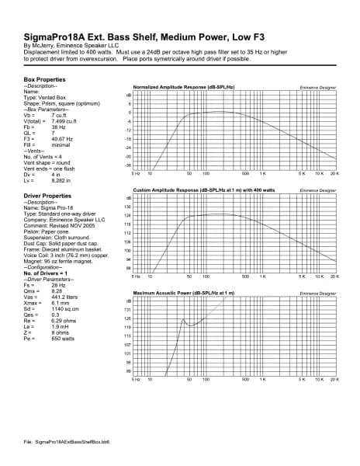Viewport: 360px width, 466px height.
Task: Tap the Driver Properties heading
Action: pyautogui.click(x=53, y=196)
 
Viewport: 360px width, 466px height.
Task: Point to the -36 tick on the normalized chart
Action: pyautogui.click(x=128, y=165)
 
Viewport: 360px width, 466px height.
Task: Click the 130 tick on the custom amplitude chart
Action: pyautogui.click(x=127, y=207)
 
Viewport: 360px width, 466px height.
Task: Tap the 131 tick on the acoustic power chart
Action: pyautogui.click(x=127, y=310)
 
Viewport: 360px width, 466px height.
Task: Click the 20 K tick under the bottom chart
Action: pyautogui.click(x=334, y=381)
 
